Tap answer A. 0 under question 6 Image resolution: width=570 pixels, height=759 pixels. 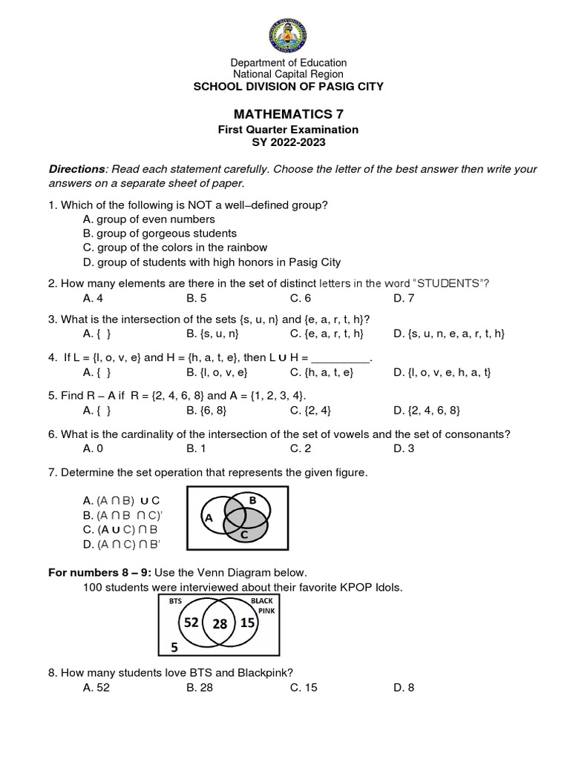click(x=93, y=447)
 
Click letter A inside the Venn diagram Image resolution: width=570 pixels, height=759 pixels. click(x=208, y=518)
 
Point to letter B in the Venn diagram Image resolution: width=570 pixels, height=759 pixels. click(x=252, y=500)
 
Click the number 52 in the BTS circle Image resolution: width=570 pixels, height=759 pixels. click(x=191, y=623)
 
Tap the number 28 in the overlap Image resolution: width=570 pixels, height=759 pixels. click(x=220, y=624)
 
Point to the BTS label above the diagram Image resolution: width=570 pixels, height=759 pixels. click(x=174, y=600)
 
